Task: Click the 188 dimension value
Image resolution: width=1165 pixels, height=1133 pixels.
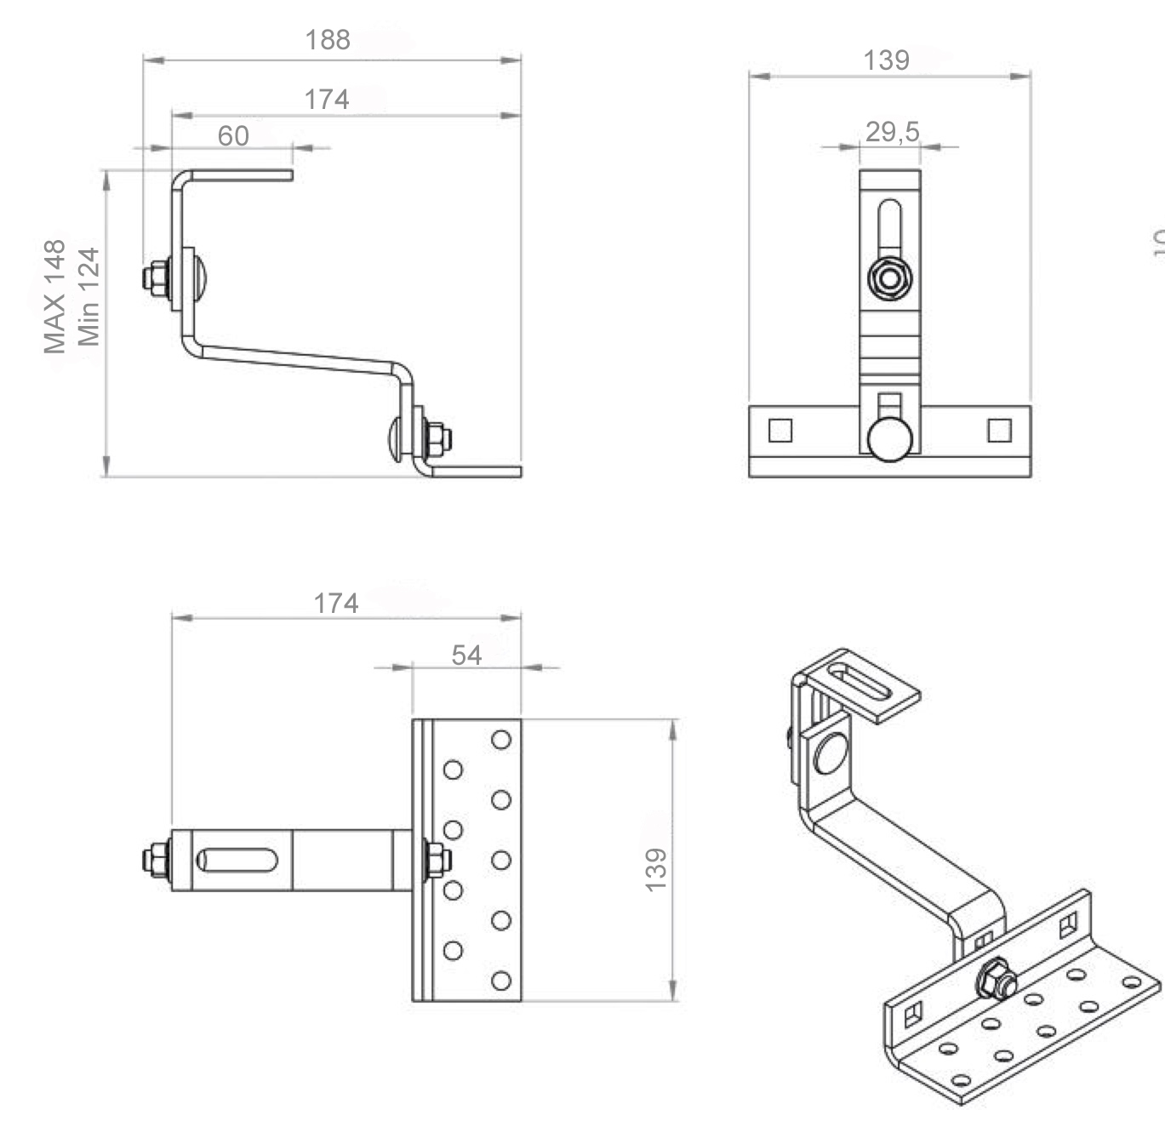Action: click(328, 40)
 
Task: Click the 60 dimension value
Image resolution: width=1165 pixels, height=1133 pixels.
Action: click(233, 136)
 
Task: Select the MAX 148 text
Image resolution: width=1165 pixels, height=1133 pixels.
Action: click(54, 296)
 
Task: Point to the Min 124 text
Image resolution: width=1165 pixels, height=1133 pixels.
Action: click(89, 296)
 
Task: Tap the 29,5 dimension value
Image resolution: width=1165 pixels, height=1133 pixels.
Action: click(892, 132)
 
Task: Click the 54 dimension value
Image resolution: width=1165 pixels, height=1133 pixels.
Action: click(466, 655)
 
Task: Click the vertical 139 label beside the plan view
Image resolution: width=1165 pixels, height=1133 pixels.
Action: click(656, 869)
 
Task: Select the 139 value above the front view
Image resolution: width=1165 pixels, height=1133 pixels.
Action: click(886, 60)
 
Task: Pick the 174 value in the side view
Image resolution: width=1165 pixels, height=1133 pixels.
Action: click(327, 100)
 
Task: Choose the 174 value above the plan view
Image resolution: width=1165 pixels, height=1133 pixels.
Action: click(336, 604)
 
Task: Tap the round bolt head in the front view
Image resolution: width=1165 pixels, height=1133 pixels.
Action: click(890, 439)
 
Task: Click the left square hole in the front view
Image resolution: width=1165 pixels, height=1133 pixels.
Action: click(780, 430)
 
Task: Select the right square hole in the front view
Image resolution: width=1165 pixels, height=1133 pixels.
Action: click(999, 430)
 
